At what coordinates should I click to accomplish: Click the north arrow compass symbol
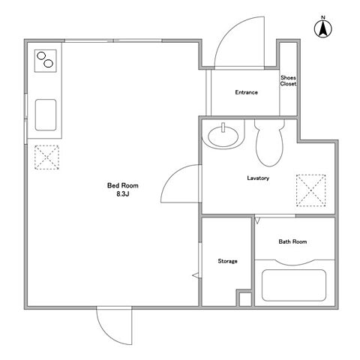coord(323,28)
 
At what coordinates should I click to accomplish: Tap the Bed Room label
coord(122,185)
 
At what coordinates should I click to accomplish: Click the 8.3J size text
coord(122,194)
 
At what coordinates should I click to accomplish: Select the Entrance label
coord(246,92)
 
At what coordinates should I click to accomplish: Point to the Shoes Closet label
coord(288,81)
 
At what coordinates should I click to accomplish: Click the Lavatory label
coord(258,178)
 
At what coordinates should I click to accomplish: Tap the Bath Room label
coord(292,241)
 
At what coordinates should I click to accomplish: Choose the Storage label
coord(227,261)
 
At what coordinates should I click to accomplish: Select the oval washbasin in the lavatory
coord(223,136)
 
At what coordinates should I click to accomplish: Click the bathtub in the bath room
coord(294,285)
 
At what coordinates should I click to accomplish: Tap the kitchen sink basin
coord(46,115)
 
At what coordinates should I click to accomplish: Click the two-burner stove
coord(45,61)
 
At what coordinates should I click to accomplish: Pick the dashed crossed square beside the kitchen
coord(46,157)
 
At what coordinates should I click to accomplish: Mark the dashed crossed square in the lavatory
coord(310,190)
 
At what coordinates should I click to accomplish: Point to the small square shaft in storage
coord(245,299)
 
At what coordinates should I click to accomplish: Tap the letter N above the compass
coord(323,17)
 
